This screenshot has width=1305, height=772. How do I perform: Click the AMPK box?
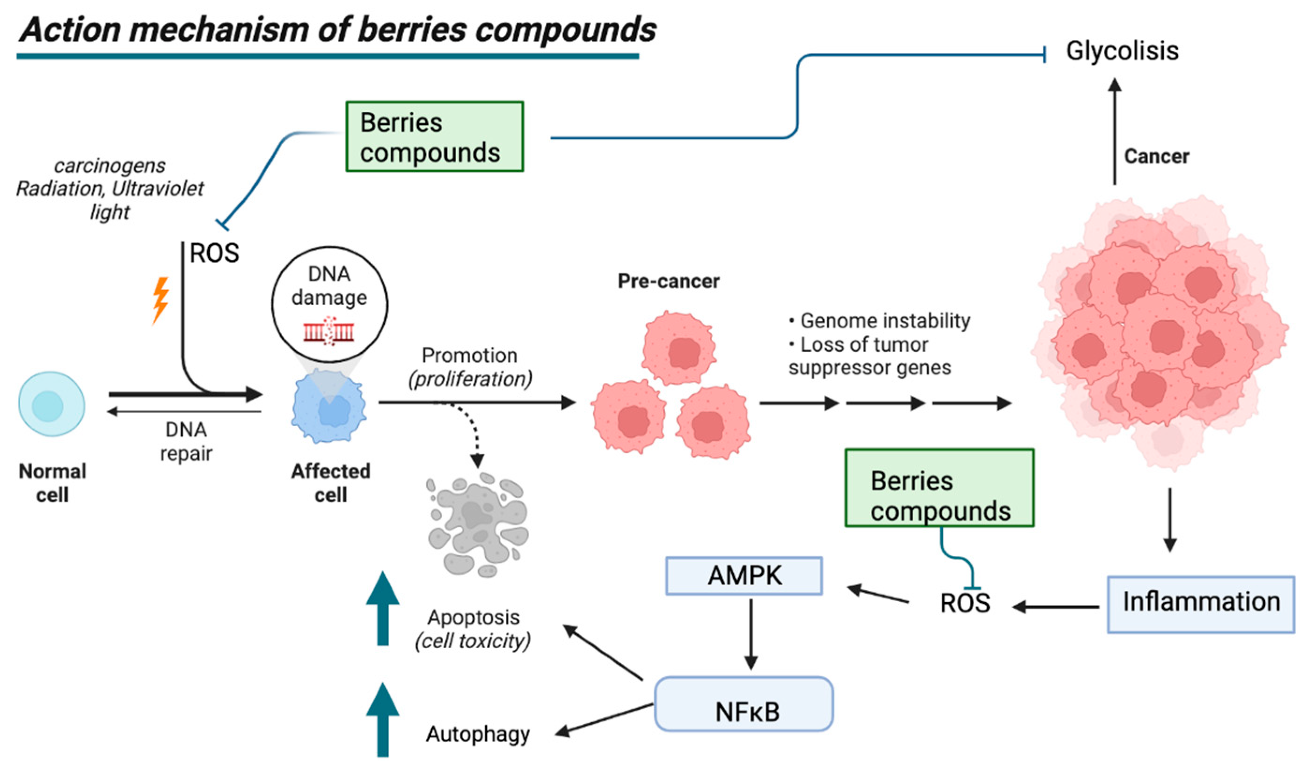pyautogui.click(x=744, y=576)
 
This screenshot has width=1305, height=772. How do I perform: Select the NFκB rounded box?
pyautogui.click(x=744, y=704)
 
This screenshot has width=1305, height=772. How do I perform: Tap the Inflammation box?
pyautogui.click(x=1201, y=604)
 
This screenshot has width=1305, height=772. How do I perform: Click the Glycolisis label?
pyautogui.click(x=1122, y=51)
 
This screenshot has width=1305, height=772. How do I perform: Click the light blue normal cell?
pyautogui.click(x=51, y=404)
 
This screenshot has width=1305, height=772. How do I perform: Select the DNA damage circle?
pyautogui.click(x=329, y=304)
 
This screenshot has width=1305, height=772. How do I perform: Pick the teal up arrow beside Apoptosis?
pyautogui.click(x=383, y=609)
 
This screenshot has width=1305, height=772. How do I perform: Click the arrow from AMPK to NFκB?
pyautogui.click(x=751, y=634)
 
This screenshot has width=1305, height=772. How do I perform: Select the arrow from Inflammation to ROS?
pyautogui.click(x=1056, y=606)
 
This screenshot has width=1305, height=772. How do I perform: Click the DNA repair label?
pyautogui.click(x=186, y=441)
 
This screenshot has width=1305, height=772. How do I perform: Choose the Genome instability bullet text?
pyautogui.click(x=884, y=321)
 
